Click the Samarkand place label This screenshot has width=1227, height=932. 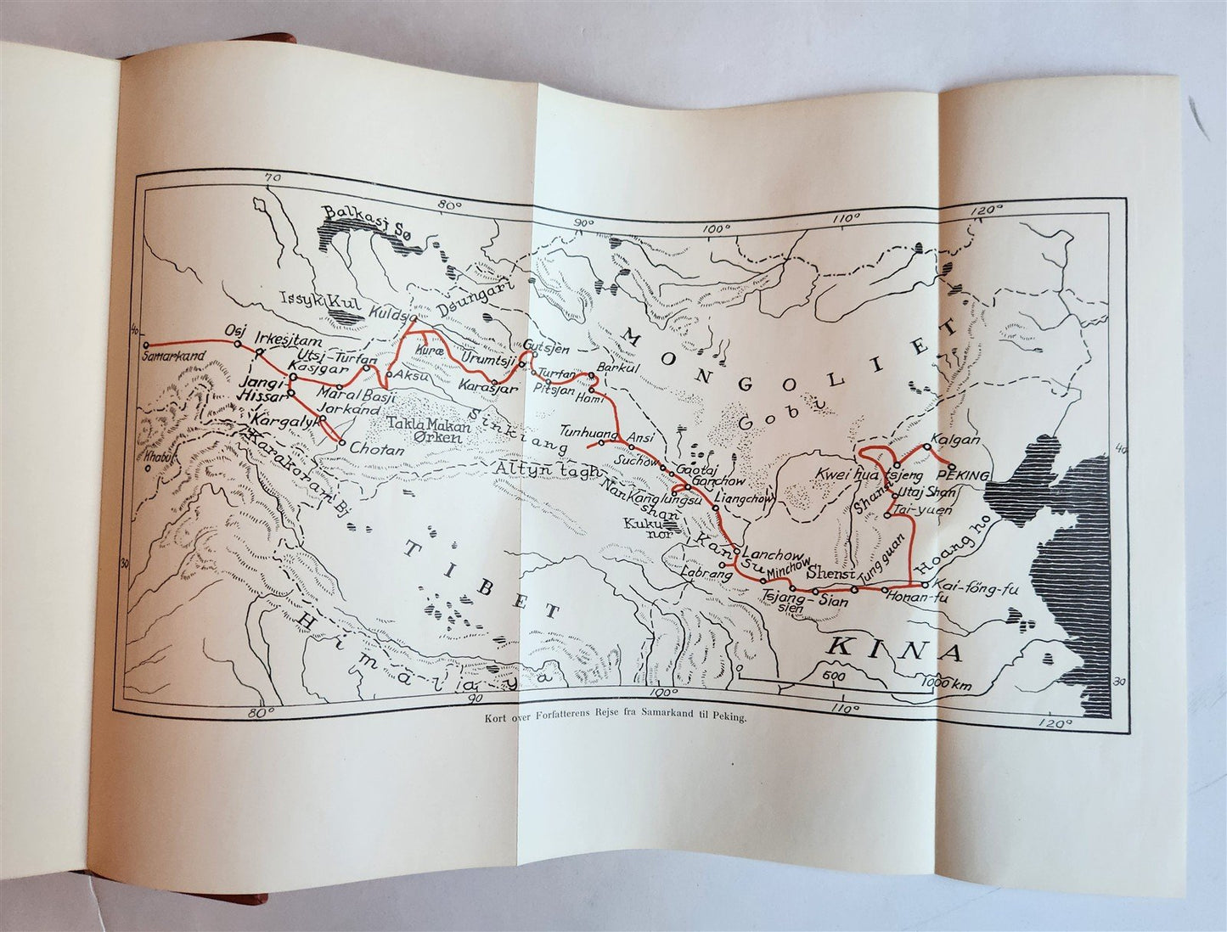pyautogui.click(x=174, y=358)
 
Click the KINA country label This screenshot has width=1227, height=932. pyautogui.click(x=894, y=649)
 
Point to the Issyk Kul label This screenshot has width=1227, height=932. pyautogui.click(x=317, y=299)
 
